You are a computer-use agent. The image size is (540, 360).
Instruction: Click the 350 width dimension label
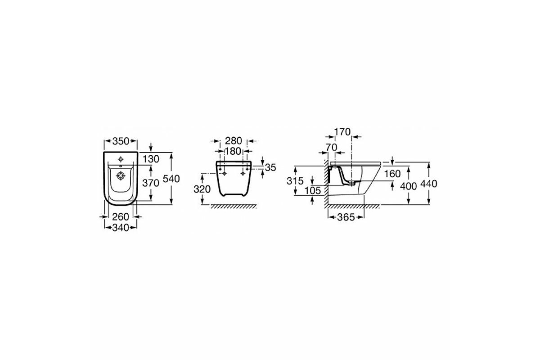pos(121,141)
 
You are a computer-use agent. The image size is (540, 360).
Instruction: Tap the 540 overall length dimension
pos(171,179)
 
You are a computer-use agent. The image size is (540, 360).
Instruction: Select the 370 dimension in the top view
pos(151,183)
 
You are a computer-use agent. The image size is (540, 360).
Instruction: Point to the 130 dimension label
pos(151,159)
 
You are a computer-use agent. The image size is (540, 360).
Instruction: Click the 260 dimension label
pos(121,217)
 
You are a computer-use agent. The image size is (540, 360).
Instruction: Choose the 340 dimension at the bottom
pos(121,228)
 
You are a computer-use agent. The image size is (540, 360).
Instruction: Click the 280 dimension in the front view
pos(234,141)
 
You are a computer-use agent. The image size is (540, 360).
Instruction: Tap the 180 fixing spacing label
pos(233,152)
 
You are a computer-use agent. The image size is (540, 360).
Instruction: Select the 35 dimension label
pos(270,168)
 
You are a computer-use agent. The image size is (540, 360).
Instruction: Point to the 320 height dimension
pos(202,189)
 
